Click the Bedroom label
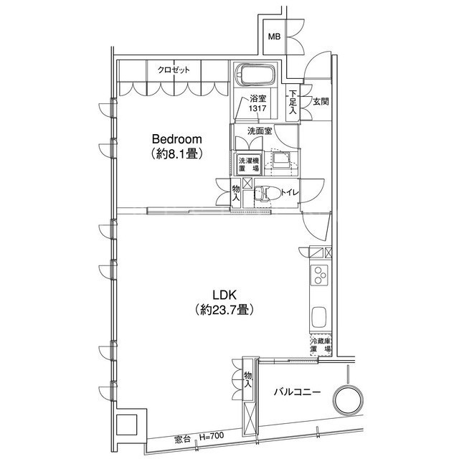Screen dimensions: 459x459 (x=177, y=139)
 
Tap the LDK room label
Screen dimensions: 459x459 (x=224, y=295)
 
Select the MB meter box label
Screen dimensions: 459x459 (x=274, y=37)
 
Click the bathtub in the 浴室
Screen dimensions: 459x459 (x=255, y=75)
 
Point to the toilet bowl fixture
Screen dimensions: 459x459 (x=267, y=193)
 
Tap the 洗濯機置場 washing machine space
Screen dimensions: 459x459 (x=249, y=164)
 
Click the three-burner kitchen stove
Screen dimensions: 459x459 (x=319, y=275)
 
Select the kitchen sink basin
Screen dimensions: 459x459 (x=318, y=317)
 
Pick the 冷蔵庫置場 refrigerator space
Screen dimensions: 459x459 (x=321, y=345)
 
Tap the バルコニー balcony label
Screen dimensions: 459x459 (x=297, y=392)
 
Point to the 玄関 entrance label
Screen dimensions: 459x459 (x=321, y=102)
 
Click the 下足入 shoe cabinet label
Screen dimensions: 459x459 (x=293, y=102)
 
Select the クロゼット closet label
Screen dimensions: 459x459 (x=174, y=70)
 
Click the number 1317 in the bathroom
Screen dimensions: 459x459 (x=257, y=108)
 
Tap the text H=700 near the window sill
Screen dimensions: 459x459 (x=212, y=437)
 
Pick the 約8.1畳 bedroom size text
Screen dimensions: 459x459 (x=177, y=154)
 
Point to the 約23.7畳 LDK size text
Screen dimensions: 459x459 (x=224, y=310)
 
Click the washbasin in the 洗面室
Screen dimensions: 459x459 (x=280, y=160)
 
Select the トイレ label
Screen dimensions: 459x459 (x=290, y=193)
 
